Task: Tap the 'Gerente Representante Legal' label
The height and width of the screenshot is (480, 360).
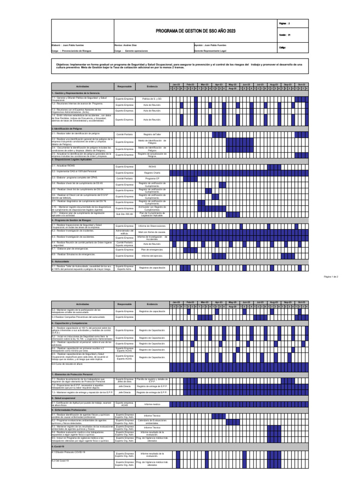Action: [x=210, y=50]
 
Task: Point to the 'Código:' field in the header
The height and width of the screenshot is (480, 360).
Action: [x=282, y=47]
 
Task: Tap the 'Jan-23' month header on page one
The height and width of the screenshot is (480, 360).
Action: [x=175, y=84]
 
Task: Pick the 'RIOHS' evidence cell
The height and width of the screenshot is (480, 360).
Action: [x=152, y=166]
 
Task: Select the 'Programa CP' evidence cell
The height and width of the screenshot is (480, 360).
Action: [x=152, y=179]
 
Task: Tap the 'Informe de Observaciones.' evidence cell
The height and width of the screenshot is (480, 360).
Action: [x=152, y=226]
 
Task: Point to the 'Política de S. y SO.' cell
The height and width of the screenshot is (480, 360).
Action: [x=152, y=99]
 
